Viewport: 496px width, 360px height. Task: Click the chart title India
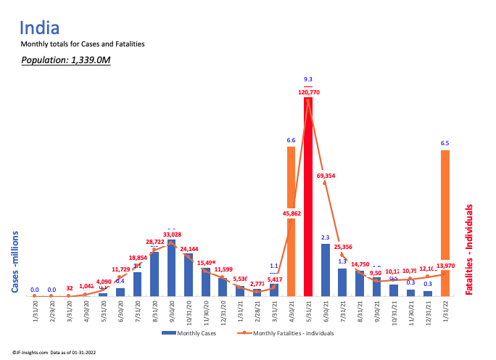(40, 28)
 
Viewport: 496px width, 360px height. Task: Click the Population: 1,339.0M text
(65, 60)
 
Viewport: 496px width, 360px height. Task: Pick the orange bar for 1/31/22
(445, 203)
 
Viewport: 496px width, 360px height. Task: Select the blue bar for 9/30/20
(171, 269)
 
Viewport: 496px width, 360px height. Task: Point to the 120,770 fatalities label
(308, 92)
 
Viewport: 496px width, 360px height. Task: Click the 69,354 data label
(326, 176)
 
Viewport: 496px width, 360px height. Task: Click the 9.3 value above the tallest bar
(308, 79)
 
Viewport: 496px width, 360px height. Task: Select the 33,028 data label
(171, 234)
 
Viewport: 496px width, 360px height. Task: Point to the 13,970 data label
(445, 266)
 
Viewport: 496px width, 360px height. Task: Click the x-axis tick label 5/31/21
(308, 313)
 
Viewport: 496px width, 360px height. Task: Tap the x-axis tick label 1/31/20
(34, 313)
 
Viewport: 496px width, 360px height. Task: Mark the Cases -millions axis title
(15, 263)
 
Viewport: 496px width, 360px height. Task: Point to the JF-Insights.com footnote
(54, 351)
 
